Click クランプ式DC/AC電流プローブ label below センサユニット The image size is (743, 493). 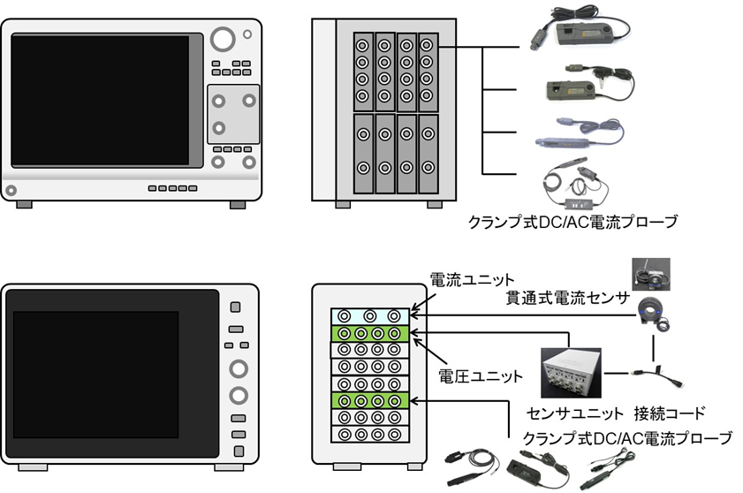627,436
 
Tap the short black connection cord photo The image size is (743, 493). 653,378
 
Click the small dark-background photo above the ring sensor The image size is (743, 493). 651,274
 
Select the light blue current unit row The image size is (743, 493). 369,315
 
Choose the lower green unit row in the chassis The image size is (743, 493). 369,400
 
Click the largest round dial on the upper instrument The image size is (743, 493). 224,39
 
